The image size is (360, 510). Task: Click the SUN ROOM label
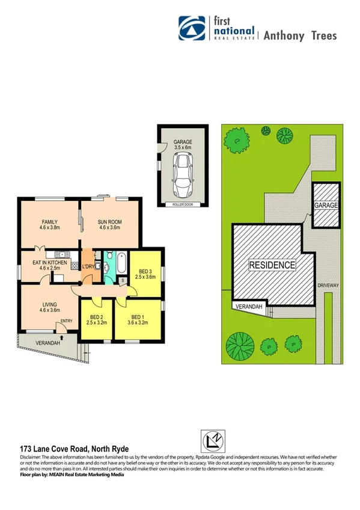coord(110,223)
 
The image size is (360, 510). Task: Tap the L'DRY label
coord(88,266)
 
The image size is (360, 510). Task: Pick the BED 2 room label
coord(97,317)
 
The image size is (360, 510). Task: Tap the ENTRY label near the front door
coord(66,321)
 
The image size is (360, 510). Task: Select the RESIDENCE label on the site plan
coord(273,265)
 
